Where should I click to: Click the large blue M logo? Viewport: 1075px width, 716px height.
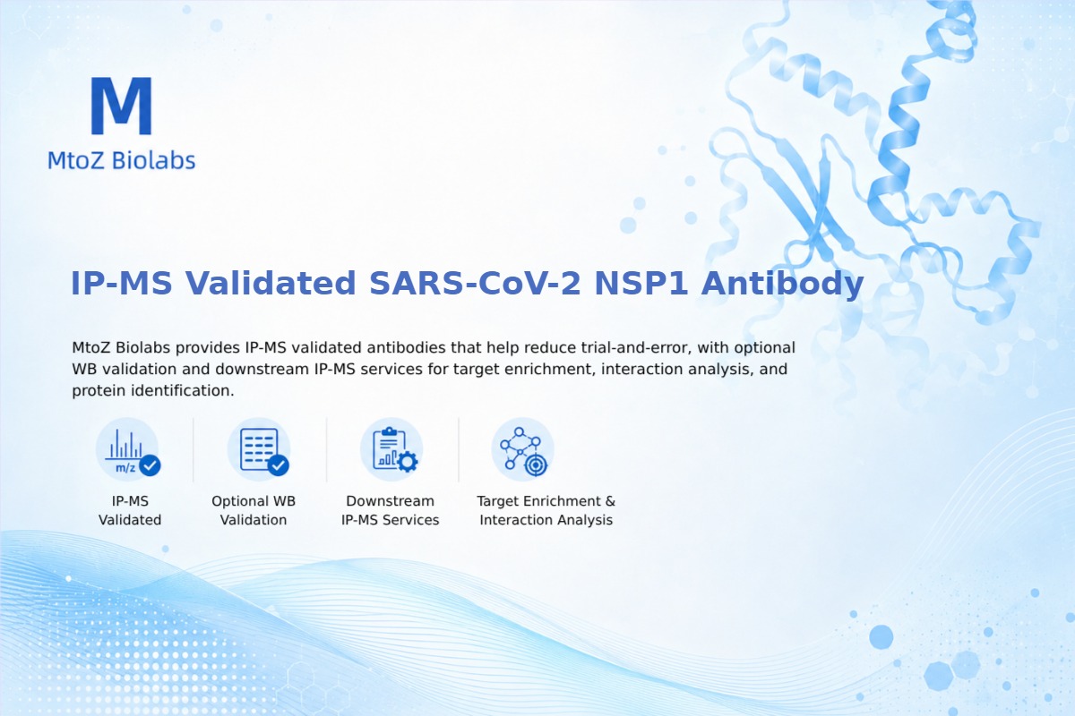pos(122,106)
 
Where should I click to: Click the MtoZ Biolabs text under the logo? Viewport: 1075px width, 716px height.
pos(122,160)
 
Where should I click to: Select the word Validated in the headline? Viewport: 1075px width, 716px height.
pos(271,283)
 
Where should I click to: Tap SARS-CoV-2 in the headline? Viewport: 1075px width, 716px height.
pos(475,283)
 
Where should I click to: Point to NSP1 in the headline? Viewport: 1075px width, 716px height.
pos(641,283)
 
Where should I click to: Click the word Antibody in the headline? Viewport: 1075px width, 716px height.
pos(782,284)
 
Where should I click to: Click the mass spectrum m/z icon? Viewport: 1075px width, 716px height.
pos(128,450)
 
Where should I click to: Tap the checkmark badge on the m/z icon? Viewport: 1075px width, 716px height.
pos(150,465)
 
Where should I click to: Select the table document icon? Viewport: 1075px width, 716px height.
pos(259,450)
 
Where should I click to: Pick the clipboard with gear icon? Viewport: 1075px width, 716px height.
pos(391,450)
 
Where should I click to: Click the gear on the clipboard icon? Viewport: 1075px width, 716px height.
pos(408,462)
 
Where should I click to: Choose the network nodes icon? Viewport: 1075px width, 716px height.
pos(523,450)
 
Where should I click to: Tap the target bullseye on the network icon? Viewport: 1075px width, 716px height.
pos(536,465)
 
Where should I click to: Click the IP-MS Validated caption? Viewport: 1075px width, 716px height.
pos(130,510)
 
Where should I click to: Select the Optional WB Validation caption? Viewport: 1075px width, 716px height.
pos(254,510)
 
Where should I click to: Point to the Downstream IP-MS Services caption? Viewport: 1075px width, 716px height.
pos(391,510)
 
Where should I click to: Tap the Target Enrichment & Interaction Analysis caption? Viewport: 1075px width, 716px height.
pos(546,510)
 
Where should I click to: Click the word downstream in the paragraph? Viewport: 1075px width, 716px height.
pos(262,369)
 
